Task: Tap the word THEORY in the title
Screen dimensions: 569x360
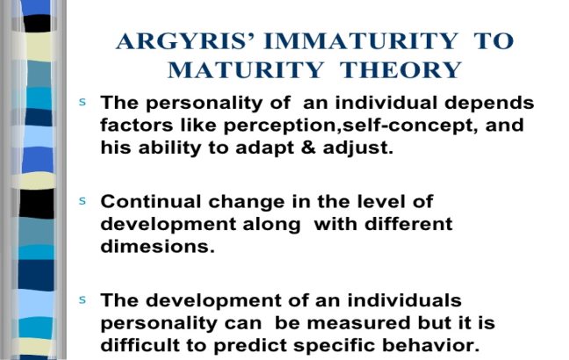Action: (400, 69)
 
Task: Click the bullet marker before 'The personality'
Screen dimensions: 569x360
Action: (83, 102)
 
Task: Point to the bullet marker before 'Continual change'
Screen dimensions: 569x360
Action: (83, 201)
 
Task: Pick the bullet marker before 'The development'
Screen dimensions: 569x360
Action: (83, 299)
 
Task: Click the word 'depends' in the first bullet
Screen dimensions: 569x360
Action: (489, 104)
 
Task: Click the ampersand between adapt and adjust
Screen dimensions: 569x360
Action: (308, 148)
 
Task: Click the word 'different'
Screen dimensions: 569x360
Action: (408, 224)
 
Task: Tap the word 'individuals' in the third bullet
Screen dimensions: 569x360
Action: (404, 300)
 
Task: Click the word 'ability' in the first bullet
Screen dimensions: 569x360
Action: (169, 148)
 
